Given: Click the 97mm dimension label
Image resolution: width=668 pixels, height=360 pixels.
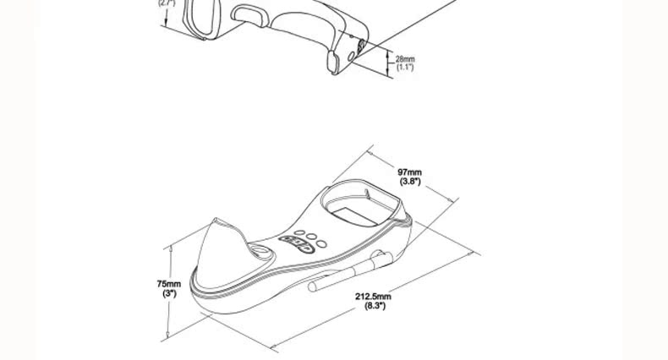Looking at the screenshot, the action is pyautogui.click(x=410, y=172).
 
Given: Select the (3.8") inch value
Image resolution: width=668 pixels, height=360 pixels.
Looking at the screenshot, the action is pyautogui.click(x=410, y=182).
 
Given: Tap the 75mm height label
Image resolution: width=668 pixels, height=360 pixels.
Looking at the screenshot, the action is pyautogui.click(x=168, y=284).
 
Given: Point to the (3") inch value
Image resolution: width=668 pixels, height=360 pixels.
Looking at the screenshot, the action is pyautogui.click(x=168, y=293).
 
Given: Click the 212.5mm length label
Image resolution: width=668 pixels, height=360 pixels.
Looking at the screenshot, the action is pyautogui.click(x=373, y=297).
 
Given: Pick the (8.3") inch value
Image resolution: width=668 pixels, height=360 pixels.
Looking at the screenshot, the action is pyautogui.click(x=374, y=306).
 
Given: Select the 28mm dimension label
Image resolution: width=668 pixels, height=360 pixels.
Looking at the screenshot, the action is pyautogui.click(x=405, y=58).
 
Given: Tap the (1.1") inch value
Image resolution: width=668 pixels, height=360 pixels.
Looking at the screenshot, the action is pyautogui.click(x=405, y=67).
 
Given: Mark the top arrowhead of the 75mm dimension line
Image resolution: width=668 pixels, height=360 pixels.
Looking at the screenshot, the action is pyautogui.click(x=170, y=247).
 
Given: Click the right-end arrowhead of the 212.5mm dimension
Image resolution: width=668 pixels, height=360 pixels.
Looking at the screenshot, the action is pyautogui.click(x=476, y=254).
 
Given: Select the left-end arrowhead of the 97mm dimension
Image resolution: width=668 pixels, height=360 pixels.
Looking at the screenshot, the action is pyautogui.click(x=370, y=153).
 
